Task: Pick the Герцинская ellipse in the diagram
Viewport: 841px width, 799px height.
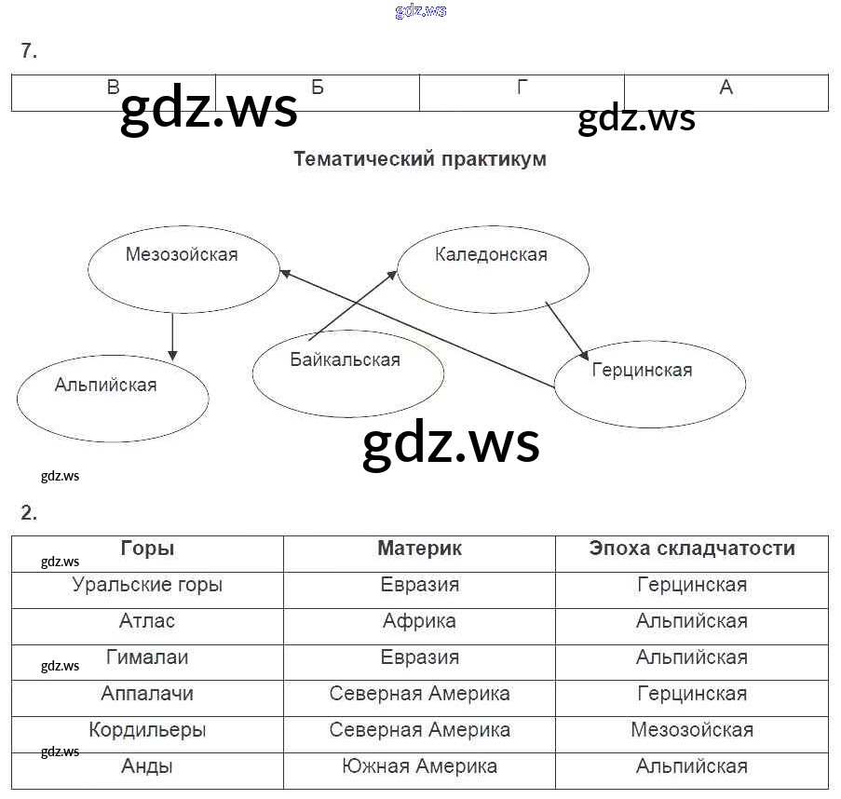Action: [x=649, y=383]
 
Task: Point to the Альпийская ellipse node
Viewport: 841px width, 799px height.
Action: [x=113, y=398]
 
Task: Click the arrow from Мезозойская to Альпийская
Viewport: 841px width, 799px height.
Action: [x=172, y=337]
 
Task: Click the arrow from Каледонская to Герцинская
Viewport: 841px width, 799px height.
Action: [x=566, y=330]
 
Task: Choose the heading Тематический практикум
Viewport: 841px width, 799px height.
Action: [x=420, y=159]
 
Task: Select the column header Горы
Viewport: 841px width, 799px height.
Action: [x=147, y=548]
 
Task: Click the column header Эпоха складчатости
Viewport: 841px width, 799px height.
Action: [x=692, y=548]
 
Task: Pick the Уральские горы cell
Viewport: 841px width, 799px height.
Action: [x=147, y=586]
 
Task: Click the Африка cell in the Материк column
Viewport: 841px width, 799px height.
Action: [x=419, y=621]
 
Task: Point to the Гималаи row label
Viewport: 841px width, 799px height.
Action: [x=147, y=657]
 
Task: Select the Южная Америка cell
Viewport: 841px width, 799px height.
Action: [x=419, y=766]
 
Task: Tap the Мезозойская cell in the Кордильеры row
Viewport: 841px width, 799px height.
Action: [x=692, y=730]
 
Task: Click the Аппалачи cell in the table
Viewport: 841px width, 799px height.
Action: [x=147, y=694]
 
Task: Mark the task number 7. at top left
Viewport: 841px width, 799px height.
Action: [x=29, y=52]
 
